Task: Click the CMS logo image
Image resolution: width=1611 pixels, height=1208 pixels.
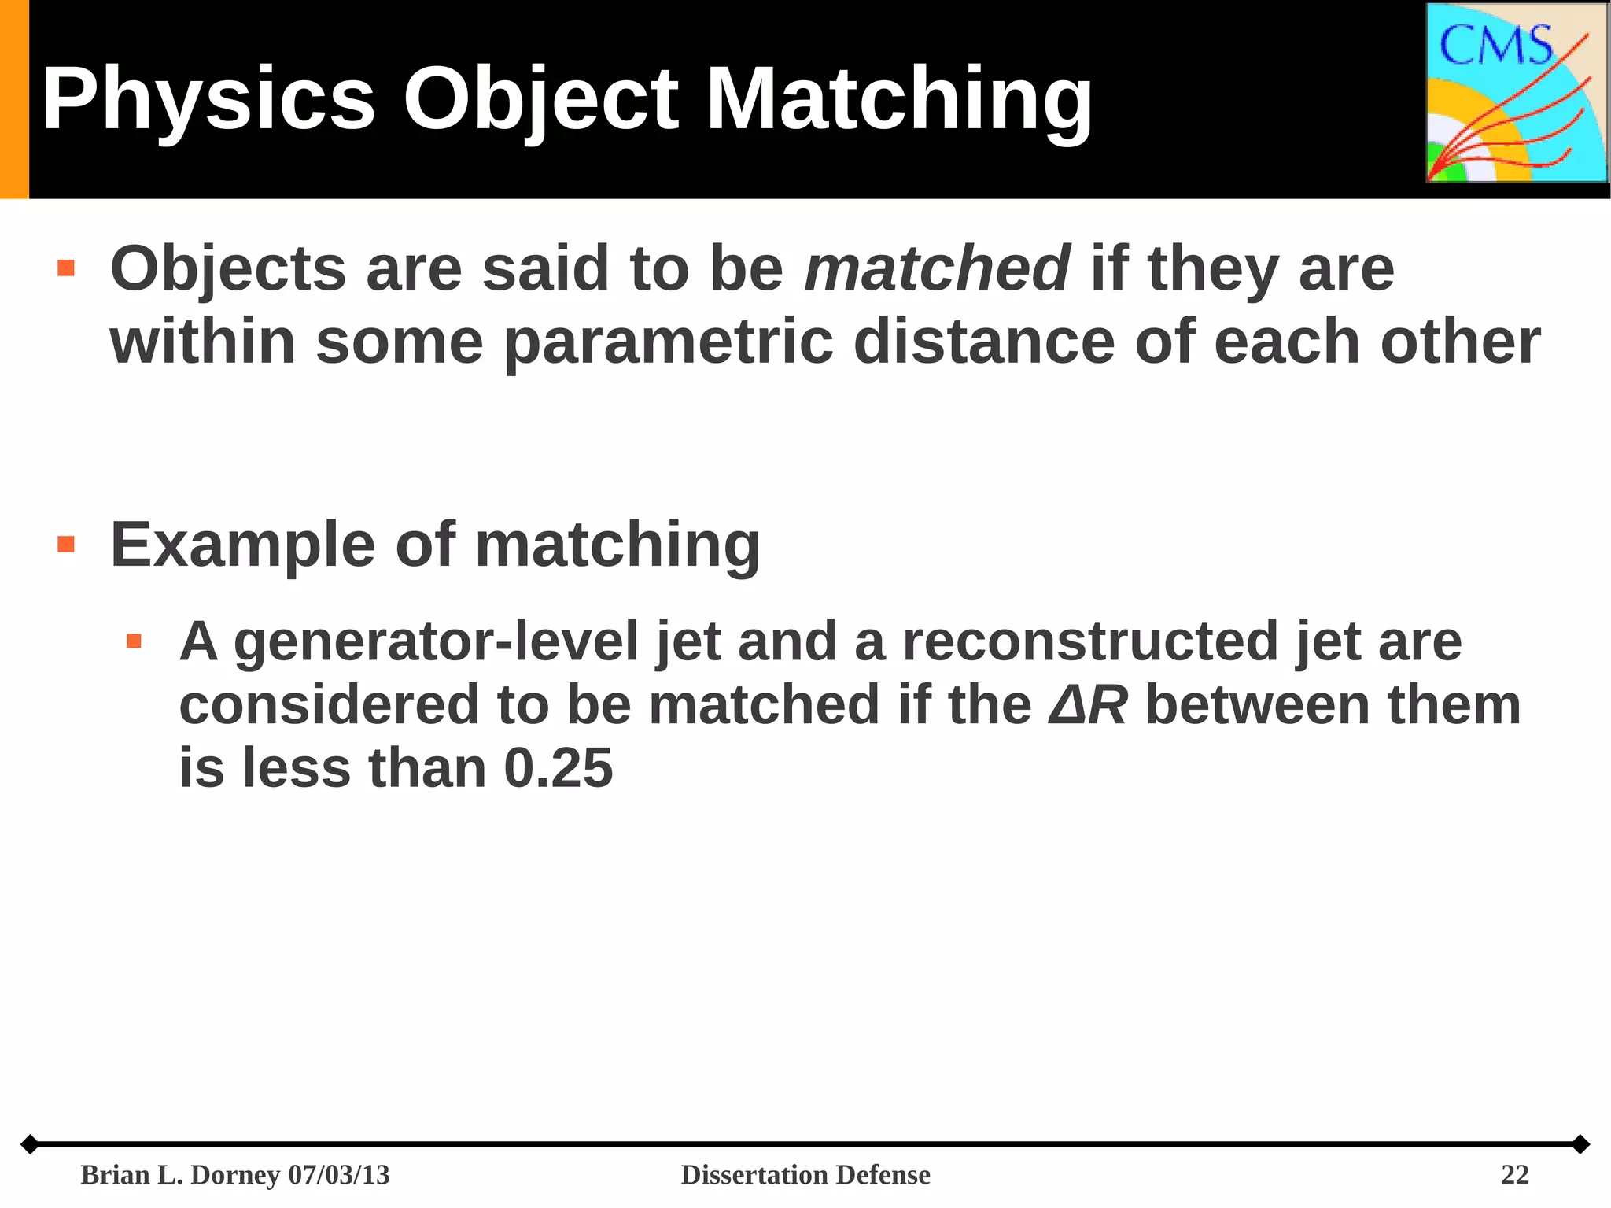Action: point(1517,93)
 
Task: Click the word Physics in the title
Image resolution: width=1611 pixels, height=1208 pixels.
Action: point(208,101)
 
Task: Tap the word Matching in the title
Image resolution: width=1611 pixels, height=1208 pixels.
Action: point(898,101)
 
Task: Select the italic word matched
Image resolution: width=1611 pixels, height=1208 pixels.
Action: point(936,268)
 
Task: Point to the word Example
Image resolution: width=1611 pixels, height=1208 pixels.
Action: point(242,545)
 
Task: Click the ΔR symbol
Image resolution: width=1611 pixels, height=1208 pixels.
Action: point(1088,705)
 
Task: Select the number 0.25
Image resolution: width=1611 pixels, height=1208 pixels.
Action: point(558,768)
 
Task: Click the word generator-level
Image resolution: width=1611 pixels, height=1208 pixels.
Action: point(436,641)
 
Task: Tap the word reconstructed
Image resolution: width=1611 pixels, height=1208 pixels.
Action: point(1089,641)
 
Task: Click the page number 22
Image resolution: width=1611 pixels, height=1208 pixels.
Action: point(1514,1175)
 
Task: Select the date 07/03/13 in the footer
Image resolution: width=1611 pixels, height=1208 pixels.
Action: point(339,1175)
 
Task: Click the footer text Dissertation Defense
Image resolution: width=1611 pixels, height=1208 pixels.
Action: point(805,1175)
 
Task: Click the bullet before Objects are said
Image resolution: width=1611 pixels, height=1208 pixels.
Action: point(66,269)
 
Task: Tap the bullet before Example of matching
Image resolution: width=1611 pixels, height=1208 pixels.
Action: point(66,545)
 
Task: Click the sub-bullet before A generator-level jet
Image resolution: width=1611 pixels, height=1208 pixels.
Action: point(134,641)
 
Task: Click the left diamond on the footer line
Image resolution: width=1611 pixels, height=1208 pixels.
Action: point(29,1144)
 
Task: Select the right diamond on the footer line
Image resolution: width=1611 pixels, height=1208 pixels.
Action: point(1580,1144)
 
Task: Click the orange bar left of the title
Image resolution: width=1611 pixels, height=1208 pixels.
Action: point(14,99)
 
